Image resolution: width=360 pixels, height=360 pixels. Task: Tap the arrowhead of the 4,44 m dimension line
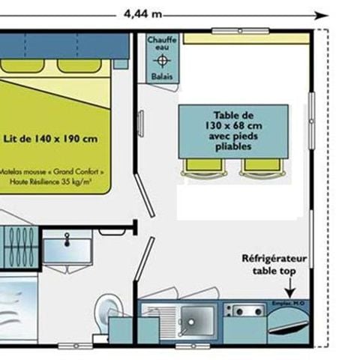pos(322,13)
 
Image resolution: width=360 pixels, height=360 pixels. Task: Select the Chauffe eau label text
pos(162,43)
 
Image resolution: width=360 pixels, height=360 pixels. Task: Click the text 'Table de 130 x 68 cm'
pos(232,120)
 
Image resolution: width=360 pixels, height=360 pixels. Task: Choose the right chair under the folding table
pos(258,166)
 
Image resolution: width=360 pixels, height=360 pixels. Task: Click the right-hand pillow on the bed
pos(79,65)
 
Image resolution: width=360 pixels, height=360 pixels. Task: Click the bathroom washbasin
pos(67,247)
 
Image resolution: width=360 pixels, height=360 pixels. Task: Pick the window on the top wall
pos(240,31)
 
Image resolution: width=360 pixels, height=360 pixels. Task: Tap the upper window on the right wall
pos(311,113)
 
